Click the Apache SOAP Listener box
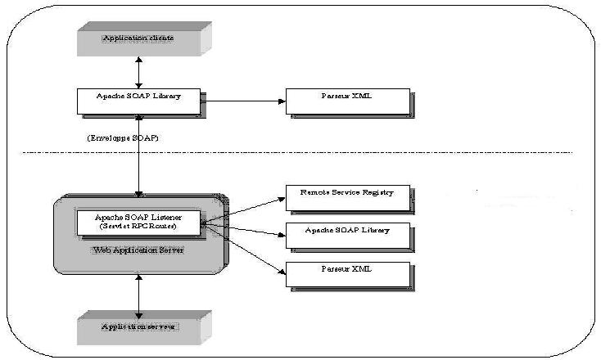click(138, 222)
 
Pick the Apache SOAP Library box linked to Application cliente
click(139, 101)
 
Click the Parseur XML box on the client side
click(346, 101)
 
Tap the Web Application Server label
click(138, 249)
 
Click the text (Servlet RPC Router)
click(138, 226)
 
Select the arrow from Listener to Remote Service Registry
click(243, 208)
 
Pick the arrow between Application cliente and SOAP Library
click(139, 72)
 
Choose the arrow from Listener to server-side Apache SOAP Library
click(243, 229)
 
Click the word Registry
click(377, 192)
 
